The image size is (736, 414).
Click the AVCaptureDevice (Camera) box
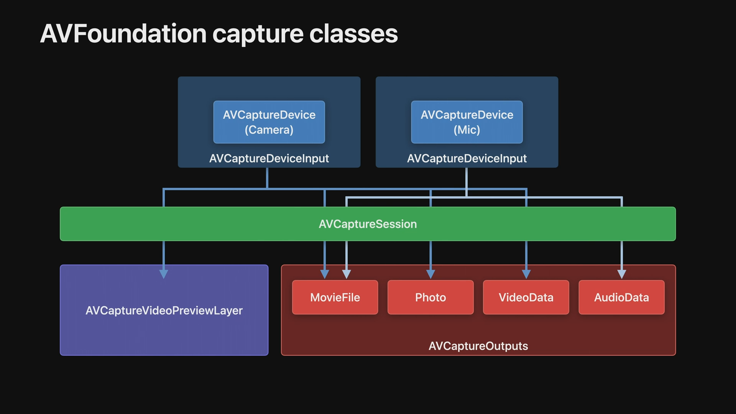pos(269,122)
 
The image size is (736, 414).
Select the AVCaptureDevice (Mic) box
pos(467,122)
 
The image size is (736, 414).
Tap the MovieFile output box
pos(335,297)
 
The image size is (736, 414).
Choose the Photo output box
pos(430,297)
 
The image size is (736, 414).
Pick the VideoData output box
pos(526,297)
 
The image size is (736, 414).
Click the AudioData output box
pos(621,297)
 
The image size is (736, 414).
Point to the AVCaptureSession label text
pos(368,224)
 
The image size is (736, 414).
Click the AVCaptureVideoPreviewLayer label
pos(164,310)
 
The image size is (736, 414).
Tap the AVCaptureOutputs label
pos(478,346)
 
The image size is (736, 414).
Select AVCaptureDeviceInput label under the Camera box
pos(269,158)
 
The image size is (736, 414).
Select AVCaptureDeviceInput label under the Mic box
pos(467,158)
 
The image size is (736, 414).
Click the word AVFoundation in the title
pos(123,34)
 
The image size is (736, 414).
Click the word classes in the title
pos(353,34)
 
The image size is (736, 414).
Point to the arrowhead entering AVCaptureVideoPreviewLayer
pos(164,274)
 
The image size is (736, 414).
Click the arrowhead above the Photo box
pos(430,274)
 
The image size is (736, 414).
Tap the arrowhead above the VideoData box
pos(526,274)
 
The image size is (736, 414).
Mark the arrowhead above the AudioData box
pos(622,274)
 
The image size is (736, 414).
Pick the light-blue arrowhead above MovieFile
pos(347,274)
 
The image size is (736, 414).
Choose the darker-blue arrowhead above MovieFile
pos(325,274)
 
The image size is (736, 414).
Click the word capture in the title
pos(258,34)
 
